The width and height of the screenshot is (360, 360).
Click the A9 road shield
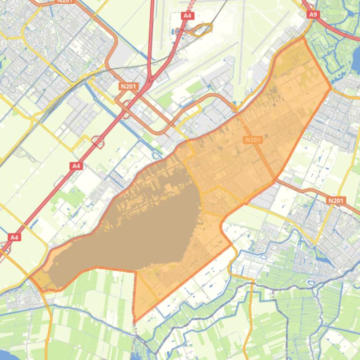click(313, 14)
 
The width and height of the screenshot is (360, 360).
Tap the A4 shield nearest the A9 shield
click(187, 15)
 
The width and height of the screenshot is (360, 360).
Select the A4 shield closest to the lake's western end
click(15, 237)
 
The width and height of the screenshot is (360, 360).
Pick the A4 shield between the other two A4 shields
click(76, 166)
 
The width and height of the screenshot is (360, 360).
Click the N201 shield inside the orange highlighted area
click(252, 140)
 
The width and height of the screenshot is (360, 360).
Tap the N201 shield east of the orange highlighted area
click(336, 201)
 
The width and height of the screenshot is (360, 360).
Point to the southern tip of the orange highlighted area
click(135, 320)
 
